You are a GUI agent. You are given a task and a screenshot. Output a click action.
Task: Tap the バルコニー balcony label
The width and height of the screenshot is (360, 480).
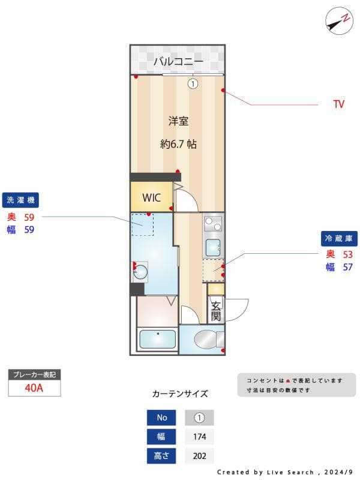(x=178, y=61)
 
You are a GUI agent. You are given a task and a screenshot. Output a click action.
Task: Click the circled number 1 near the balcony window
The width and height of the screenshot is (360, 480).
(x=193, y=84)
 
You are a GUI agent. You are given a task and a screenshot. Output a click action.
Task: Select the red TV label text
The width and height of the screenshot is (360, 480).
(x=339, y=104)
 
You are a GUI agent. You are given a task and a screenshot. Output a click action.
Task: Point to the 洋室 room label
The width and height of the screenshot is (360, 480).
(x=178, y=121)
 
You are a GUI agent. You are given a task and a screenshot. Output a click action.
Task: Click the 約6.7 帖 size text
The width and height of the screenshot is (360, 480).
(x=178, y=144)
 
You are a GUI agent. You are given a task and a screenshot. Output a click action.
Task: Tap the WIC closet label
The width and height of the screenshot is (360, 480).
(x=151, y=197)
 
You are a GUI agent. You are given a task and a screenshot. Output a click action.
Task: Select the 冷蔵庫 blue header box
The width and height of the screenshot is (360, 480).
(x=339, y=238)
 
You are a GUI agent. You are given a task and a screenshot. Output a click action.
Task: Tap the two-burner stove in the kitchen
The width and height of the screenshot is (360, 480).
(x=212, y=224)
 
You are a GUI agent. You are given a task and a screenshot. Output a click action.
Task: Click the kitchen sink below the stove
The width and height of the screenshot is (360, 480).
(x=212, y=247)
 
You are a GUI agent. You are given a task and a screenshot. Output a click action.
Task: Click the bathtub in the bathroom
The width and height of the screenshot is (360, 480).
(x=157, y=339)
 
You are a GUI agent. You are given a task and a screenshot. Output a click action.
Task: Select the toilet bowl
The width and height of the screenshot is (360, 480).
(x=204, y=340)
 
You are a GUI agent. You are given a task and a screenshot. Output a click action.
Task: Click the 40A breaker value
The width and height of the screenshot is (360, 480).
(x=34, y=388)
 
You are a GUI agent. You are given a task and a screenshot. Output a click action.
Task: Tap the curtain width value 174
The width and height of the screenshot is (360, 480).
(x=199, y=437)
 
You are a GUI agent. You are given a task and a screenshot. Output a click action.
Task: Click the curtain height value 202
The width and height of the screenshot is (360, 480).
(x=199, y=456)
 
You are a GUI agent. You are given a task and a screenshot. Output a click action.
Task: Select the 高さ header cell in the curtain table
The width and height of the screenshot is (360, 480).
(x=162, y=456)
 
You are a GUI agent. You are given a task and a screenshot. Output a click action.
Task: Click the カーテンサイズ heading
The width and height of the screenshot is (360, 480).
(x=180, y=394)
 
